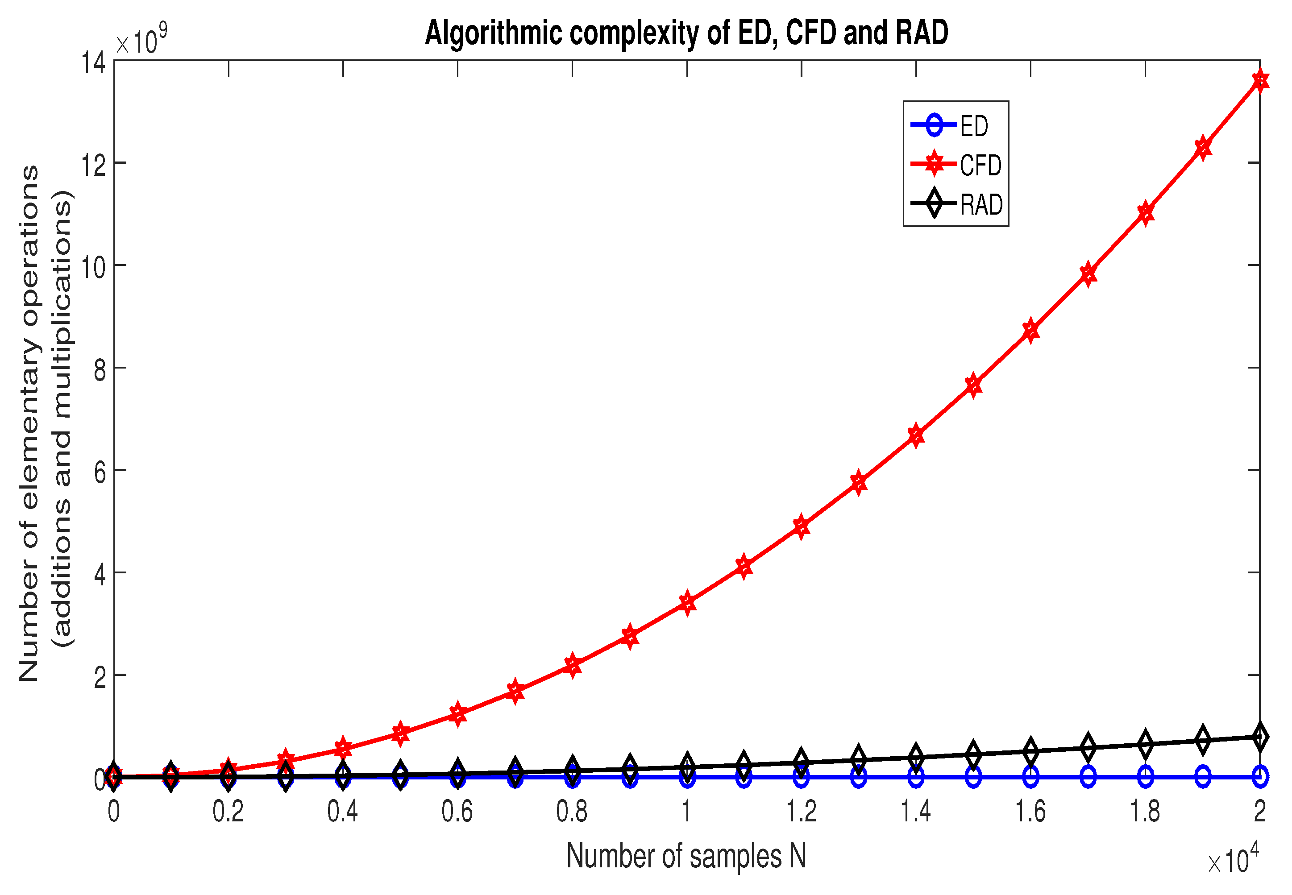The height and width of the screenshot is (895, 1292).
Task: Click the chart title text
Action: pyautogui.click(x=686, y=33)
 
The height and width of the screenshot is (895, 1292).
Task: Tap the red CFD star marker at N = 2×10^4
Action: pyautogui.click(x=1260, y=81)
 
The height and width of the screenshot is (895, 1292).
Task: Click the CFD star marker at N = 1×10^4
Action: pyautogui.click(x=687, y=603)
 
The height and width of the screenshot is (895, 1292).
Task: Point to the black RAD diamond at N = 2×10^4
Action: pyautogui.click(x=1260, y=737)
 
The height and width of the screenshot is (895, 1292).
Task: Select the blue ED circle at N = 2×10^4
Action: pyautogui.click(x=1260, y=777)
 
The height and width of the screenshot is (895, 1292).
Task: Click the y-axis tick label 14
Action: pyautogui.click(x=94, y=62)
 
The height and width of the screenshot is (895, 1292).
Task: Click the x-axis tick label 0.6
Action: pyautogui.click(x=457, y=812)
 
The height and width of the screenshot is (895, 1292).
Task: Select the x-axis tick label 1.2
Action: pyautogui.click(x=801, y=812)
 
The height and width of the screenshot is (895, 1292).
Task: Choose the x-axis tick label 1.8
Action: pyautogui.click(x=1145, y=812)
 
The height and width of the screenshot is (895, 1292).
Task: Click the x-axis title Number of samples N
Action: pyautogui.click(x=686, y=856)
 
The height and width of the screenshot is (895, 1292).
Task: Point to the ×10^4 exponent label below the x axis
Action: pyautogui.click(x=1233, y=859)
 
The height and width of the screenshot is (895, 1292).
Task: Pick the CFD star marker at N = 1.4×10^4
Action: pyautogui.click(x=916, y=435)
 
